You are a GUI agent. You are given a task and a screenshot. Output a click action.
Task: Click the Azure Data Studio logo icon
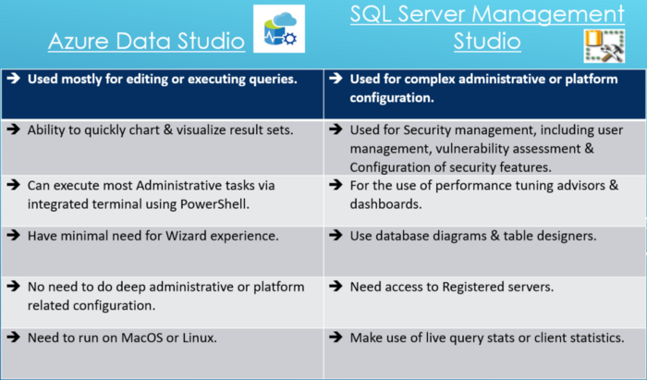point(279,29)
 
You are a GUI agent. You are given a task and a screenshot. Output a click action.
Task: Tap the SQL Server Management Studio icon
point(604,46)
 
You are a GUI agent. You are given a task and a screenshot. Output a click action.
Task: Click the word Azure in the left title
point(79,42)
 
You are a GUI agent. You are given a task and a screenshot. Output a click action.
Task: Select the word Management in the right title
point(547,14)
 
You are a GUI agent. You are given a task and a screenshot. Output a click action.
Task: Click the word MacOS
point(141,337)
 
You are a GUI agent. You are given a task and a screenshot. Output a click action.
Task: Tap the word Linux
point(200,337)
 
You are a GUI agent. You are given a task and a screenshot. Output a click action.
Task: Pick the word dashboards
point(385,204)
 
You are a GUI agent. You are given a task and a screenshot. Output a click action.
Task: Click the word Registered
point(472,288)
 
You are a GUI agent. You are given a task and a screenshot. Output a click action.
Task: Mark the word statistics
point(597,337)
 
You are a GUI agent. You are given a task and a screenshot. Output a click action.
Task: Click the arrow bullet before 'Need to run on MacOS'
point(14,337)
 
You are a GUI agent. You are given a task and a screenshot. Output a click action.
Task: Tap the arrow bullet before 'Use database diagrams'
point(336,235)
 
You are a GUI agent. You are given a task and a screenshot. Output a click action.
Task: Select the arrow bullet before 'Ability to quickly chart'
point(14,129)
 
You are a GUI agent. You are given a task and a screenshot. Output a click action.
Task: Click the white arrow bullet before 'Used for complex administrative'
point(336,78)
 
